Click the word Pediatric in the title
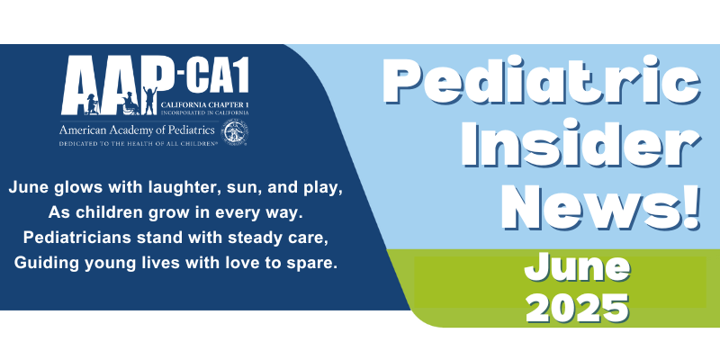pos(542,83)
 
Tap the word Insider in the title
pos(580,145)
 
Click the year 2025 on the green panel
pos(577,307)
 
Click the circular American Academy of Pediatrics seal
pos(234,132)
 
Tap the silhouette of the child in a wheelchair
pos(130,104)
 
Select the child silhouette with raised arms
pos(150,101)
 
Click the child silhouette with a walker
pos(92,104)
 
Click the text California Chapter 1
pos(205,105)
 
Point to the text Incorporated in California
pos(205,112)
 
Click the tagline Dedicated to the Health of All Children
pos(138,144)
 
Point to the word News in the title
pos(587,206)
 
